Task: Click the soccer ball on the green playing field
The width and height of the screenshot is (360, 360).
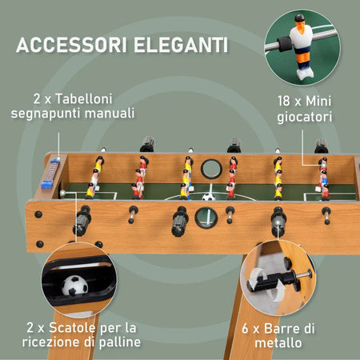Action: pyautogui.click(x=209, y=196)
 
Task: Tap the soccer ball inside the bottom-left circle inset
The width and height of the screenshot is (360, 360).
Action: pyautogui.click(x=74, y=286)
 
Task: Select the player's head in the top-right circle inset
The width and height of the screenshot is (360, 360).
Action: pyautogui.click(x=299, y=22)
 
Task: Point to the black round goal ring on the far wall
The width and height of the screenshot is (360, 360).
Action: pyautogui.click(x=211, y=169)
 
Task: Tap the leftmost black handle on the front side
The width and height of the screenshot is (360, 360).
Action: pyautogui.click(x=82, y=222)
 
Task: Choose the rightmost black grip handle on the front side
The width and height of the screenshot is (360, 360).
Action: pyautogui.click(x=278, y=221)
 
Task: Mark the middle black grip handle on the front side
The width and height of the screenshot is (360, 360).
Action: pyautogui.click(x=181, y=222)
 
